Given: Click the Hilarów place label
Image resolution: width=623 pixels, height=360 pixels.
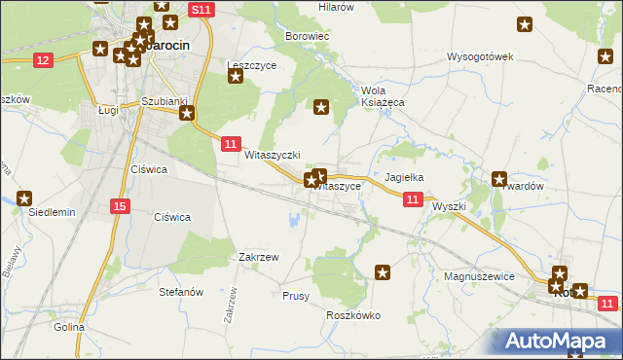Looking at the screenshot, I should coord(337,7).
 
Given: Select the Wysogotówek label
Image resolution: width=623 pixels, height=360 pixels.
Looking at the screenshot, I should coord(480,55).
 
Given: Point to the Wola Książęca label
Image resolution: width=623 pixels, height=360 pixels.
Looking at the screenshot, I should coord(383,95).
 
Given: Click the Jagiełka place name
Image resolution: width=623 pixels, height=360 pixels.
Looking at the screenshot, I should coord(404,178).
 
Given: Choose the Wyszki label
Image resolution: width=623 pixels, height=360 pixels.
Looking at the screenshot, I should coord(450,206).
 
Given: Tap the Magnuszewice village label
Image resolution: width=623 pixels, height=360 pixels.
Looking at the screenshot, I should coord(478,276).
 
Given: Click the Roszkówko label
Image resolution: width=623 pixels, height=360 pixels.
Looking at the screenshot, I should coord(352,315).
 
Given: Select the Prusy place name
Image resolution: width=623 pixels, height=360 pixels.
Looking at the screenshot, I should coord(295,295).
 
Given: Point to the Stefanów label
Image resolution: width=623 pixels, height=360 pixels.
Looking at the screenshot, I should coord(180,291).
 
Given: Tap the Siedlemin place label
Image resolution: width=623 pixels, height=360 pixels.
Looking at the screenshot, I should coord(52,211).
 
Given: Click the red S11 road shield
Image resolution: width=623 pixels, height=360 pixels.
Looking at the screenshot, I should coord(202,9).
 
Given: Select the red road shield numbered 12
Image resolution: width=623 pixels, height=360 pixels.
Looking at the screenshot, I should coord(42,60).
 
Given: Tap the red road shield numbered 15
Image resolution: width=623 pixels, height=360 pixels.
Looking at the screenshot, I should coord(119,205).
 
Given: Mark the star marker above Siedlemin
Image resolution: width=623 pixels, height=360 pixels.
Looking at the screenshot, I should coord(24,197).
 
